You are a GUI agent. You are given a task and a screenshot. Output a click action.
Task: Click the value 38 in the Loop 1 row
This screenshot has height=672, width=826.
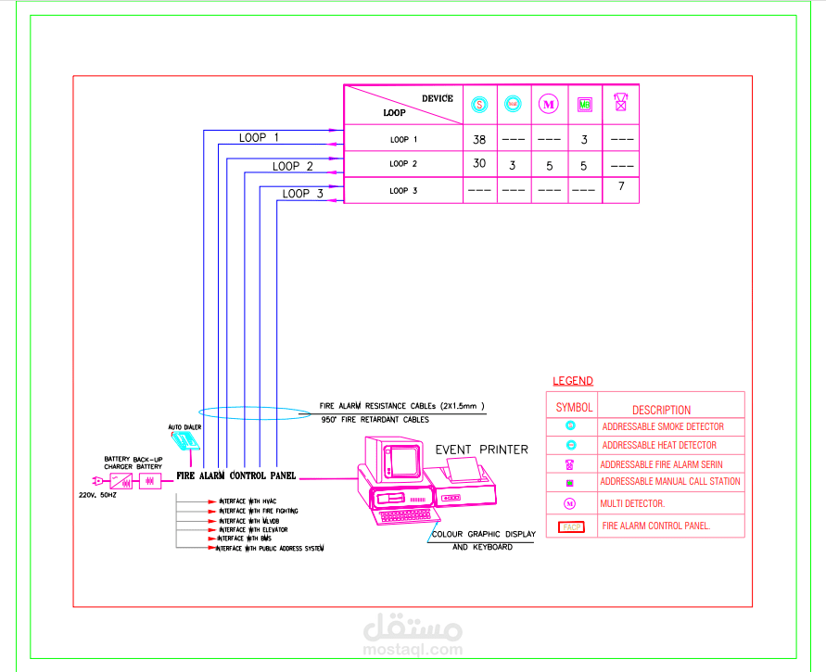tap(479, 140)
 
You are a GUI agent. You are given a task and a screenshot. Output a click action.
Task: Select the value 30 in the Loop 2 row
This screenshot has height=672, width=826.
tap(479, 164)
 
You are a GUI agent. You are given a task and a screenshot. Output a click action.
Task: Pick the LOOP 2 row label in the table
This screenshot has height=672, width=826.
tap(403, 164)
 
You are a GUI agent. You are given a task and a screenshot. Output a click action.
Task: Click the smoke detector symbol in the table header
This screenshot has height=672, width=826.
tap(479, 105)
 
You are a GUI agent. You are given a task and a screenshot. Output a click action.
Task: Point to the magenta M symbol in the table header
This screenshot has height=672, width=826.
tap(549, 105)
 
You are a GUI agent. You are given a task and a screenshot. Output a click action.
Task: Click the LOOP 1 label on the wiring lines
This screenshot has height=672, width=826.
tap(259, 137)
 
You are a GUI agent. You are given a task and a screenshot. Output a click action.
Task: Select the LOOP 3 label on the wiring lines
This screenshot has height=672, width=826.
tap(302, 194)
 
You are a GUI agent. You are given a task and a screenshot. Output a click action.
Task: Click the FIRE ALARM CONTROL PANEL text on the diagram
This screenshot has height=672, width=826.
tap(236, 476)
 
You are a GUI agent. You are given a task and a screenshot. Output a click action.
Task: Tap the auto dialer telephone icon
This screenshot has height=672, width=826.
tap(189, 441)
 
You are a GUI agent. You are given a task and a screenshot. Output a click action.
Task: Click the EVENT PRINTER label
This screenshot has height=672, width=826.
tap(482, 450)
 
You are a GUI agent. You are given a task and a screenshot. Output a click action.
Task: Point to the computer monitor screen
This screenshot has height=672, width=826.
tap(403, 461)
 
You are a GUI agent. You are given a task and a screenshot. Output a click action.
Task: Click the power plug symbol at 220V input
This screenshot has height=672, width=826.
tap(95, 481)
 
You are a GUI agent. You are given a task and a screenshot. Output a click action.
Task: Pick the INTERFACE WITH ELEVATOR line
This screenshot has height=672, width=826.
tap(252, 529)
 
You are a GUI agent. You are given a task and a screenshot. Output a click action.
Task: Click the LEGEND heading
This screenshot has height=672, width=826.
tap(573, 381)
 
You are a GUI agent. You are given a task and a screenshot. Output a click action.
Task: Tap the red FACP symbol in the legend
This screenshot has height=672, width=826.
tap(571, 526)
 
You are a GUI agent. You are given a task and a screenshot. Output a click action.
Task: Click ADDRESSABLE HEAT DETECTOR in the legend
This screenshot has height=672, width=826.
tap(659, 445)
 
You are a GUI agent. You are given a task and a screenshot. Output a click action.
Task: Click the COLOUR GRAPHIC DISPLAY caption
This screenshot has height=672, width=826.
tap(482, 535)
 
